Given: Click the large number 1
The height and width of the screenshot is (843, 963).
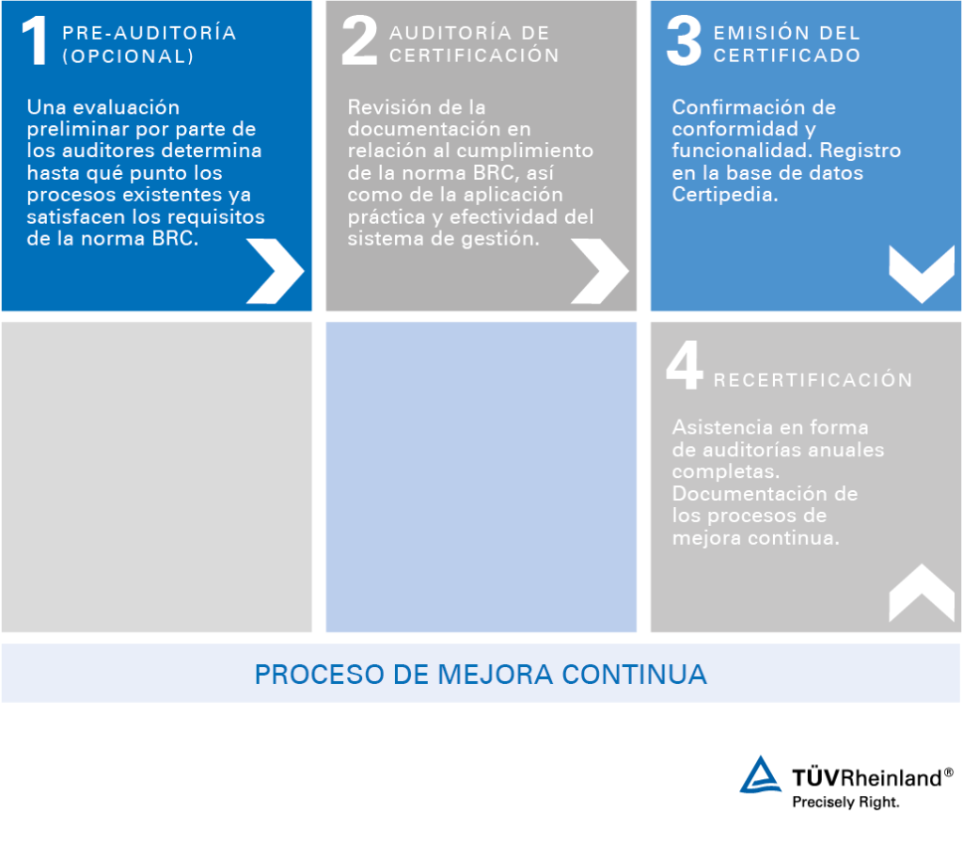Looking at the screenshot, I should coord(36,42).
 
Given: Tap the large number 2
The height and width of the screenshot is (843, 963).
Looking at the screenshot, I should coord(359,42).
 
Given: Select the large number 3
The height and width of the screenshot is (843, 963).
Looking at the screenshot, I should coord(684,42).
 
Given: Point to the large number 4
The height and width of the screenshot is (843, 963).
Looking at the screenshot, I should coord(684,367).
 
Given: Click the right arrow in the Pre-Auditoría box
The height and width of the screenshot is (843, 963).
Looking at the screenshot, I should coord(275,271).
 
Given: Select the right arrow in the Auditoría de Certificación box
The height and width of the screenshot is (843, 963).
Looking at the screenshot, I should coord(599,271).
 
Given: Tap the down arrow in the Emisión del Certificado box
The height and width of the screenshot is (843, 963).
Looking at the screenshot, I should coord(922,273).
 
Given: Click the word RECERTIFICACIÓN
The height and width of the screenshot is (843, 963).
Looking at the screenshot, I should coord(813,381).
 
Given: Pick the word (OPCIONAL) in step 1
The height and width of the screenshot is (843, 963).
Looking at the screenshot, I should coord(128,56).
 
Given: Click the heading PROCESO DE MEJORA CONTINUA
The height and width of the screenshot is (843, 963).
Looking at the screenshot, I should coord(481,675).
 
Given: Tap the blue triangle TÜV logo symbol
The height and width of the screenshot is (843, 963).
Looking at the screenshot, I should coord(760,775).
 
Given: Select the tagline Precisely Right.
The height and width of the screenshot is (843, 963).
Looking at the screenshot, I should coord(845,803).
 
